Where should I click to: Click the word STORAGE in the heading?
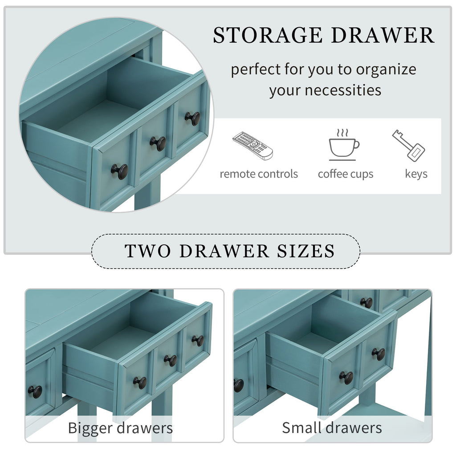[268, 35]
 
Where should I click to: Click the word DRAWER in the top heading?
[383, 35]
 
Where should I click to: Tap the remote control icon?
[252, 146]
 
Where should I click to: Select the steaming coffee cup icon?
[344, 145]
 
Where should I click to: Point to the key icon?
[409, 146]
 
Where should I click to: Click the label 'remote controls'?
[259, 174]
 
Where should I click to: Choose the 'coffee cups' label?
[346, 174]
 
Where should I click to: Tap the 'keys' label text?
[416, 174]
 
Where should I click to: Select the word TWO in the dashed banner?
[147, 251]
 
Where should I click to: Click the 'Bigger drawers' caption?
[120, 428]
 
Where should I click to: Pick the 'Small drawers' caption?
[332, 428]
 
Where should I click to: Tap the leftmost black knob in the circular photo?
[119, 171]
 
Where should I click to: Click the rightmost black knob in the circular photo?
[192, 118]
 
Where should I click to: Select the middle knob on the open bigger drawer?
[171, 361]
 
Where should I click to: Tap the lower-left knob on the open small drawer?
[346, 378]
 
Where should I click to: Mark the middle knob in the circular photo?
[158, 144]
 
